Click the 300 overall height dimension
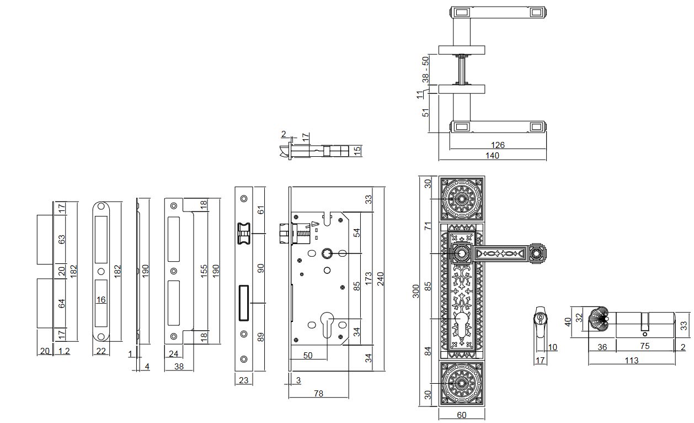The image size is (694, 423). click(x=417, y=291)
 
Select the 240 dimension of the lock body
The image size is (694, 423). click(x=380, y=279)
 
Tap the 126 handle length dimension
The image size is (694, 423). click(x=498, y=145)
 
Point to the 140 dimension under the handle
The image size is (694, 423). click(x=492, y=156)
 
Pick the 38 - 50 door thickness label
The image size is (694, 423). click(x=425, y=70)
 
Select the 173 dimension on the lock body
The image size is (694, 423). click(x=368, y=279)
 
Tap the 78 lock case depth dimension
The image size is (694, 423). click(x=318, y=393)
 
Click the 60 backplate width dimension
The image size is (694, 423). click(x=461, y=415)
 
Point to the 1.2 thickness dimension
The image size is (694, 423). click(x=64, y=351)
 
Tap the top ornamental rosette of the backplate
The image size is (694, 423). click(x=462, y=198)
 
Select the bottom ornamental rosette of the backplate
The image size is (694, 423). click(x=462, y=382)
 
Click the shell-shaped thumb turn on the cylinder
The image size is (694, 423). click(x=599, y=320)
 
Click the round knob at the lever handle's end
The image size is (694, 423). click(x=535, y=253)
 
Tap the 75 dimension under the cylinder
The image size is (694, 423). click(x=644, y=347)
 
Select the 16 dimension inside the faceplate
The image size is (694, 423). click(x=101, y=300)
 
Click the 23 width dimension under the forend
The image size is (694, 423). click(x=243, y=380)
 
